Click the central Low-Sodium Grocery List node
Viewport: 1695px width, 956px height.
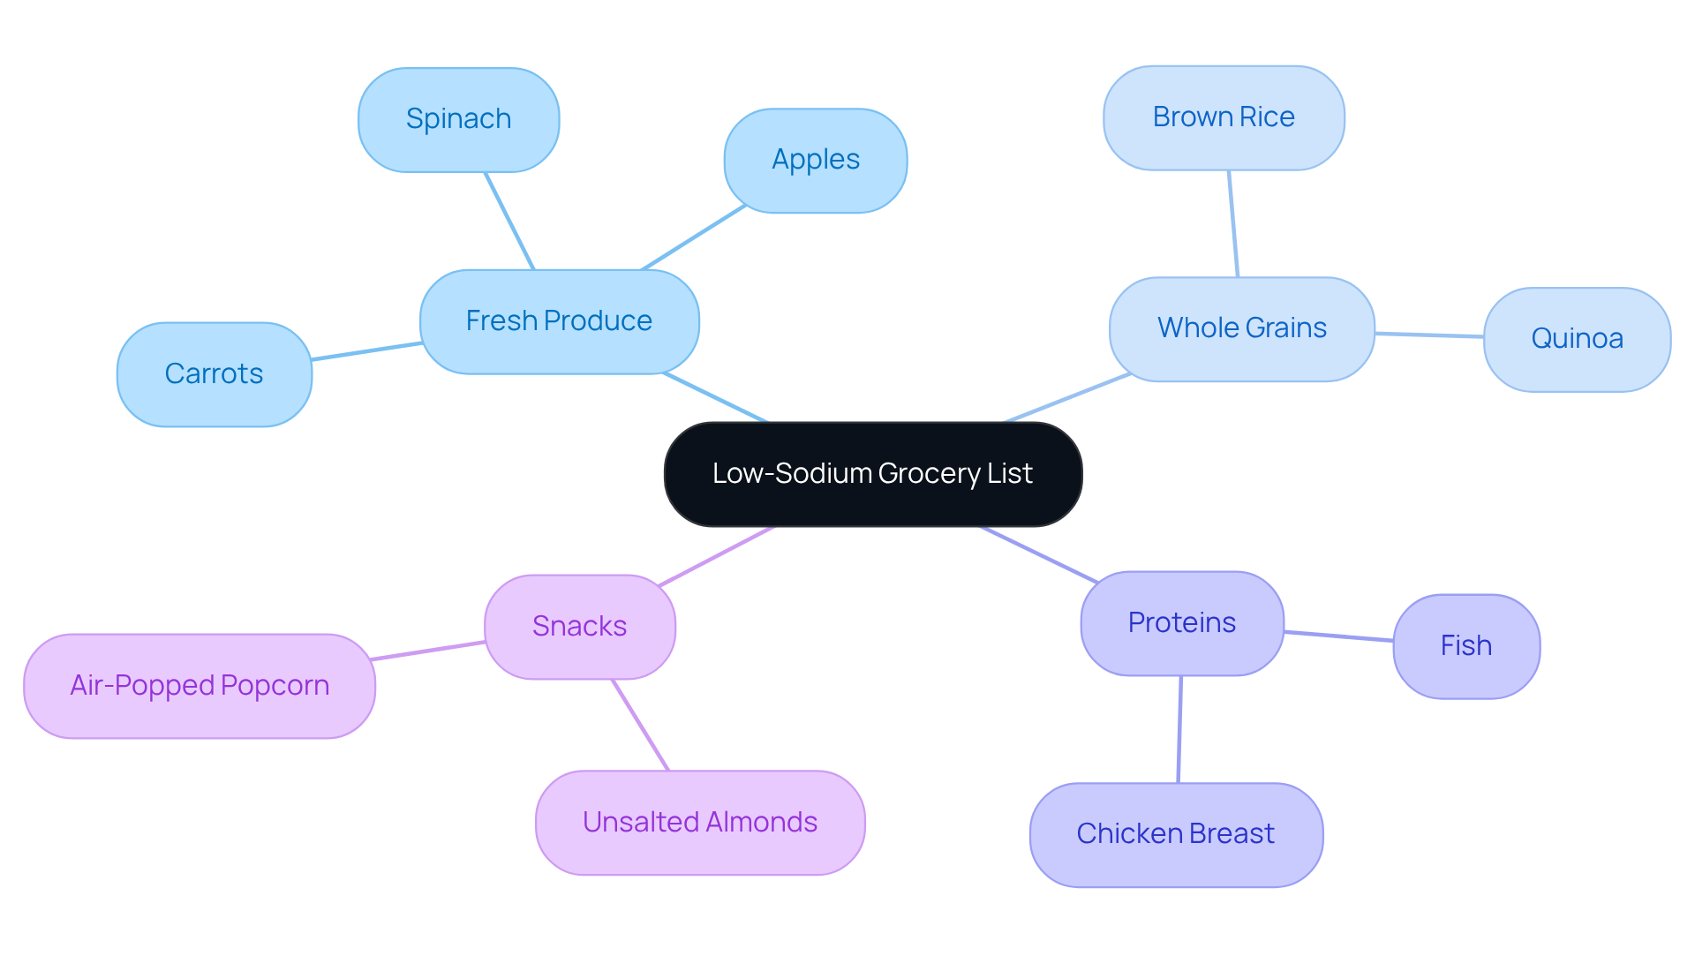[873, 474]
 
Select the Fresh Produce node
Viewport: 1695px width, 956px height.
[559, 321]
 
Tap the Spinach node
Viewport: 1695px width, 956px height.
[458, 119]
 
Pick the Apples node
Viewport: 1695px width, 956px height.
[815, 160]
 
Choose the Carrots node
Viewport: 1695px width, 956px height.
[214, 374]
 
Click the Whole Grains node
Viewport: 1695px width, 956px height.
[1241, 328]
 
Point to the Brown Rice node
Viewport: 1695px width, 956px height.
[1224, 117]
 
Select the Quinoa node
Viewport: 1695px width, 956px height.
[1577, 339]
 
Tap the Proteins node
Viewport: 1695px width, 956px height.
[1181, 623]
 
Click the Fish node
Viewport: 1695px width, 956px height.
[1465, 646]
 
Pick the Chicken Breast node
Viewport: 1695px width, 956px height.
[1175, 834]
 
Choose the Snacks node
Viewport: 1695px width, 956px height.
[579, 627]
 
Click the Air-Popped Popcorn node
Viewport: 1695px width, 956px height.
[200, 686]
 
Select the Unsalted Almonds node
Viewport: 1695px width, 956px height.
[699, 823]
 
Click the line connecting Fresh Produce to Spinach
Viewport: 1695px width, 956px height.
[509, 221]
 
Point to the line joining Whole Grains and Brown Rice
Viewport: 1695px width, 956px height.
[1233, 223]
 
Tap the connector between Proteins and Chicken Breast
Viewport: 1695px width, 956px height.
[1179, 729]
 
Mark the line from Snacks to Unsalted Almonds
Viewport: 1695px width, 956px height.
[640, 725]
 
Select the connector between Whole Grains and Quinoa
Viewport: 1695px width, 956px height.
[1428, 335]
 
